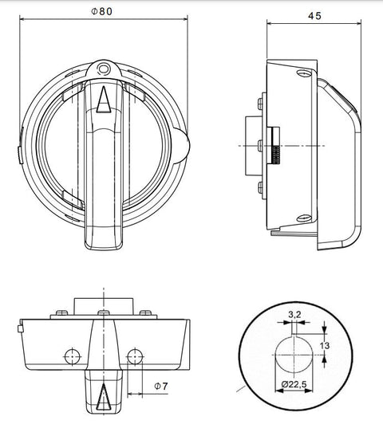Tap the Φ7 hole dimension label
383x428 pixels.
click(x=159, y=386)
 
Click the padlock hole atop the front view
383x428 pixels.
click(x=104, y=70)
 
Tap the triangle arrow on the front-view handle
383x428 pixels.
click(x=104, y=100)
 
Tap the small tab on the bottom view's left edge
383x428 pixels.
click(x=18, y=328)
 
